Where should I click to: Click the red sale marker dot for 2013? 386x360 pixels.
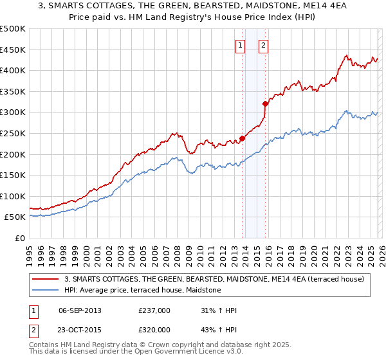pyautogui.click(x=243, y=138)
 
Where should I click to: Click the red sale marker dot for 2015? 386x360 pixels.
pyautogui.click(x=265, y=103)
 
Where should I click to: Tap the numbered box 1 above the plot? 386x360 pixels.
pyautogui.click(x=240, y=45)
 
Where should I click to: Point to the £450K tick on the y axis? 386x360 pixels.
pyautogui.click(x=13, y=50)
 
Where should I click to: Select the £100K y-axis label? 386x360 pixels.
pyautogui.click(x=13, y=196)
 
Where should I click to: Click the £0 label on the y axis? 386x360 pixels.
pyautogui.click(x=20, y=238)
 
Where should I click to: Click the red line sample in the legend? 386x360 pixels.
pyautogui.click(x=46, y=279)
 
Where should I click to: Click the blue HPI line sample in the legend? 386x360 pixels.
pyautogui.click(x=46, y=290)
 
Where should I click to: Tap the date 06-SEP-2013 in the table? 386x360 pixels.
pyautogui.click(x=80, y=310)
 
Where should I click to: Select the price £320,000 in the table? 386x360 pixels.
pyautogui.click(x=154, y=329)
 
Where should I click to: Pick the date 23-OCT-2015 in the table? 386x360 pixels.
pyautogui.click(x=80, y=329)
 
